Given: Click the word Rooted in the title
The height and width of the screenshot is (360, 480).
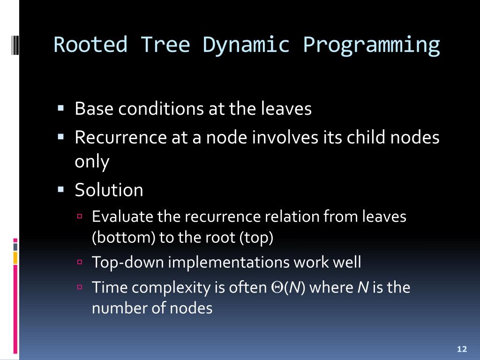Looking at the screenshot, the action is pos(90,45).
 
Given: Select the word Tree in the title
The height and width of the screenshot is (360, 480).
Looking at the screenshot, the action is pos(165,45).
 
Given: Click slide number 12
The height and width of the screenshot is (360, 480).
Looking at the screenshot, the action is pos(462,349).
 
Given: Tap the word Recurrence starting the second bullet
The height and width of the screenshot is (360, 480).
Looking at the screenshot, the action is pos(120,137).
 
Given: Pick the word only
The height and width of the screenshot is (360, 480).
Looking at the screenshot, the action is pos(92,162).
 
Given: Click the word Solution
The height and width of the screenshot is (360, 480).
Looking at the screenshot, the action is pos(109,190).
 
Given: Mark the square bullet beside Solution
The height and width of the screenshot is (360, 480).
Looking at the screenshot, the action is pos(60,189).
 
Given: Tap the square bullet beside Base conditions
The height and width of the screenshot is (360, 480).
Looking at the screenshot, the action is pos(60,108).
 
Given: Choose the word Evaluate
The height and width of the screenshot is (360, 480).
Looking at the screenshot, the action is pos(122,217).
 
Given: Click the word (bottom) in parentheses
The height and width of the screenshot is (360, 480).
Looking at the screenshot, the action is pos(124,238).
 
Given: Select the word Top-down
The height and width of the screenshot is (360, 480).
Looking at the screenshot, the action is pos(128,262).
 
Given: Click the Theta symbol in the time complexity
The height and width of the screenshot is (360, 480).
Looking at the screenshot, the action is pos(277,287).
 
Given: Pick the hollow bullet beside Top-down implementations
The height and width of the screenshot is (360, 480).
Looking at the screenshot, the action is pos(80,262).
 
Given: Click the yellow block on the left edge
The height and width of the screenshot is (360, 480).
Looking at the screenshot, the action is pos(15,258).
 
